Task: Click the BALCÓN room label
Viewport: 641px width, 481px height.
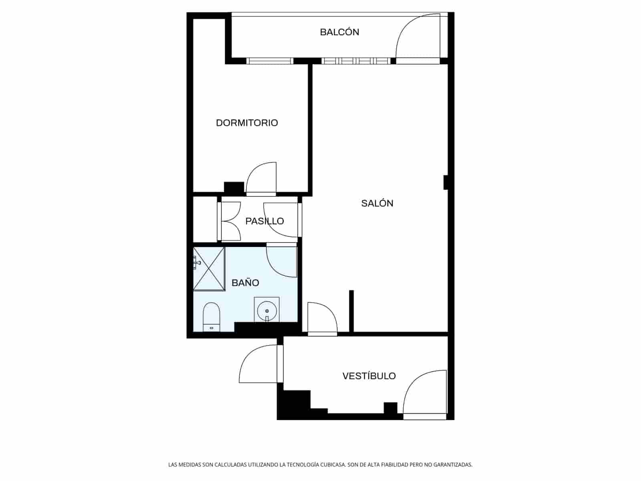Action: click(339, 32)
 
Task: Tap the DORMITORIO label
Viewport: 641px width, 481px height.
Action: click(247, 123)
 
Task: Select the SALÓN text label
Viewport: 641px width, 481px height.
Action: click(377, 203)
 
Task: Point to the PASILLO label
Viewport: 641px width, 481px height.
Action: click(264, 221)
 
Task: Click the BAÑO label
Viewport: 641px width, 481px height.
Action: click(245, 283)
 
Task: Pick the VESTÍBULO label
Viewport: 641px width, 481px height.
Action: click(369, 376)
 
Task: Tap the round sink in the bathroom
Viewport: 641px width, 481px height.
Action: click(266, 310)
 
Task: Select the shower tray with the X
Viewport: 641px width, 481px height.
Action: click(209, 268)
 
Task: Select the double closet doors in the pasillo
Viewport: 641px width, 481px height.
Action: click(230, 221)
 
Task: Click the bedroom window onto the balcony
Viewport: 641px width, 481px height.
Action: click(270, 61)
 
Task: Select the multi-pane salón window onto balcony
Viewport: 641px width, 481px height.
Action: click(356, 61)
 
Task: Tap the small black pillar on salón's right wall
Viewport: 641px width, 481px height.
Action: click(445, 182)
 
